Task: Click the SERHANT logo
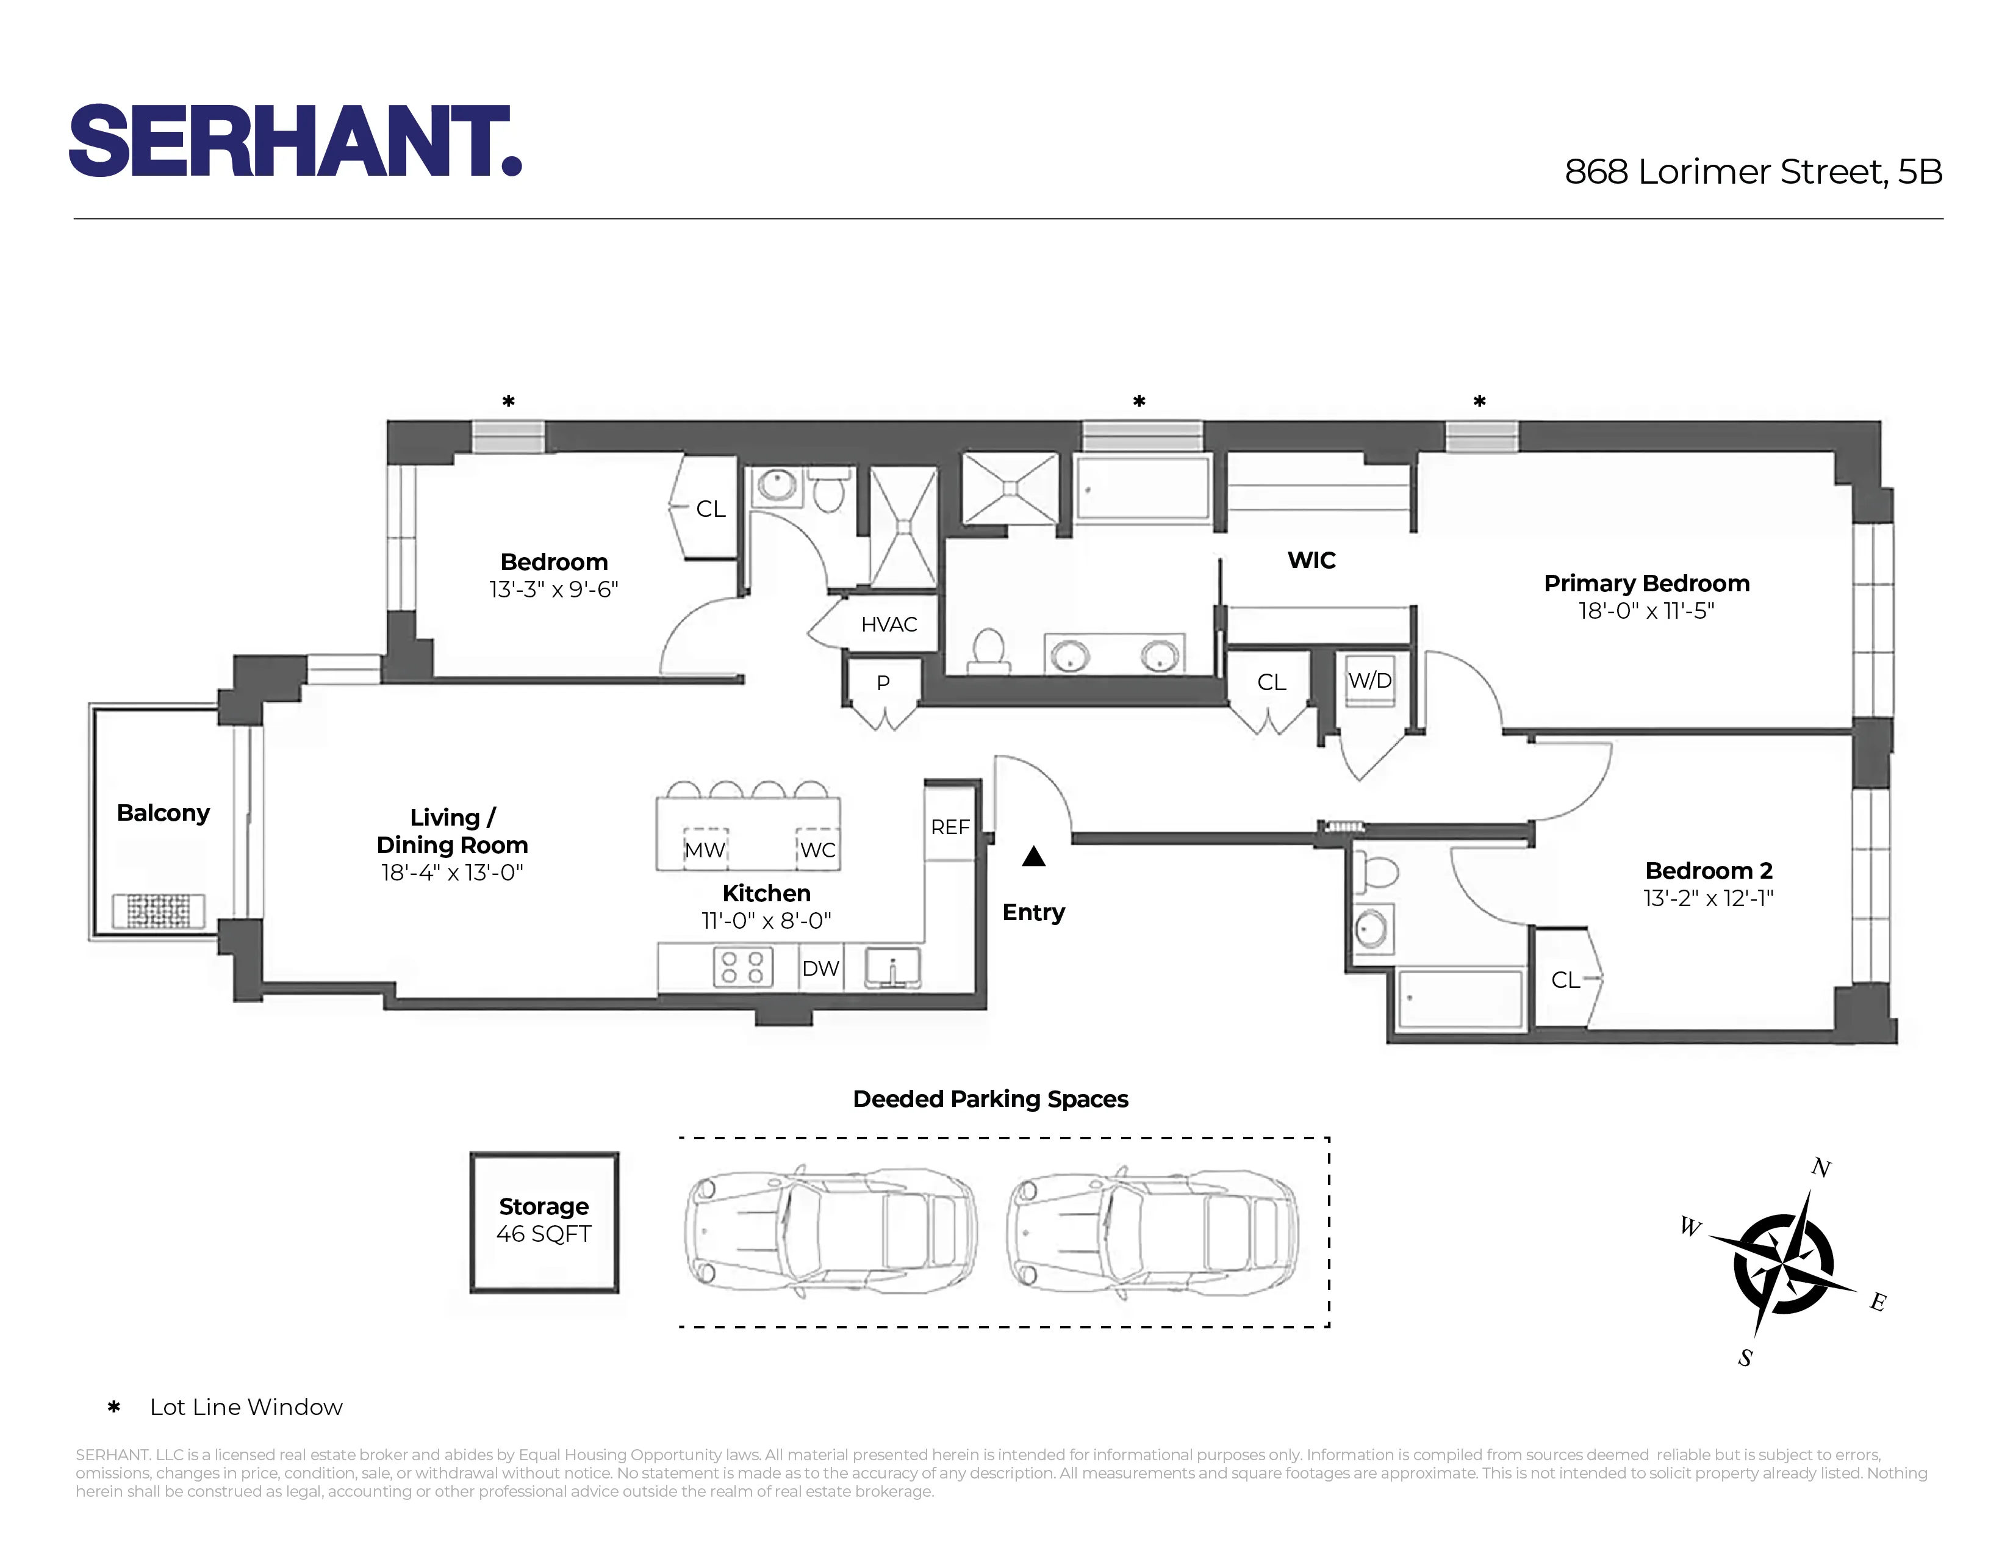[x=295, y=141]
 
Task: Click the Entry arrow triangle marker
[x=1033, y=857]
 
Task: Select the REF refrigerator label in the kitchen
[x=949, y=827]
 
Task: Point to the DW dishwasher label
[x=820, y=968]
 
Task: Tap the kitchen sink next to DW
[x=892, y=968]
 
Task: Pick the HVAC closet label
[x=889, y=624]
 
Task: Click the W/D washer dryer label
[x=1369, y=680]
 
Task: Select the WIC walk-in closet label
[x=1311, y=560]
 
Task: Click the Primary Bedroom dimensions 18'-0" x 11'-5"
[x=1646, y=610]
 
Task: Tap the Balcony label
[x=163, y=812]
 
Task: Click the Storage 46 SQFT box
[x=544, y=1222]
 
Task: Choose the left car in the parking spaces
[x=830, y=1231]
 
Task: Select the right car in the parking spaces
[x=1152, y=1231]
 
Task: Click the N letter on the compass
[x=1820, y=1168]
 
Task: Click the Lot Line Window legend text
[x=246, y=1407]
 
